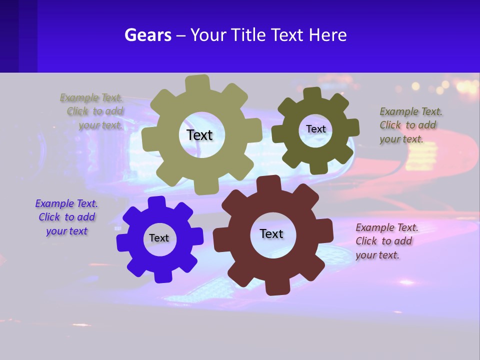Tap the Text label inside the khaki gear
tap(199, 135)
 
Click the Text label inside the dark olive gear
tap(315, 129)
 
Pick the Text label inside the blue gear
tap(158, 238)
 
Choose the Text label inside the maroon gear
tap(271, 233)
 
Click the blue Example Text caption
tap(66, 217)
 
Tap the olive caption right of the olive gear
tap(410, 125)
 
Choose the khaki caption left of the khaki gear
tap(92, 111)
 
